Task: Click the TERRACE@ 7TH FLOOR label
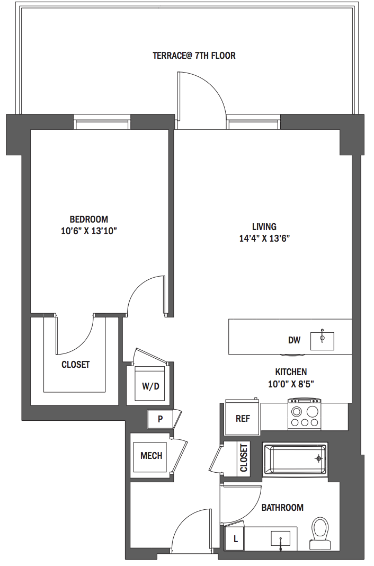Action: point(194,56)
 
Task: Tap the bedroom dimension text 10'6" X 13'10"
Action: point(89,231)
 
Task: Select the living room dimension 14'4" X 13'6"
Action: point(264,238)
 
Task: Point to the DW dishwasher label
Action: point(295,340)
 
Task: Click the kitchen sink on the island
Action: point(322,341)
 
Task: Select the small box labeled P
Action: point(160,419)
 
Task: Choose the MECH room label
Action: point(151,456)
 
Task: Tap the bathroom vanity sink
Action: point(281,539)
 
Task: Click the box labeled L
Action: point(235,538)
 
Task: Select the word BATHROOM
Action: point(282,508)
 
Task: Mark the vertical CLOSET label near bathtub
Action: point(244,458)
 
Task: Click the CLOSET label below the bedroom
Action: point(76,365)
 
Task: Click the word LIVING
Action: point(264,227)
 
